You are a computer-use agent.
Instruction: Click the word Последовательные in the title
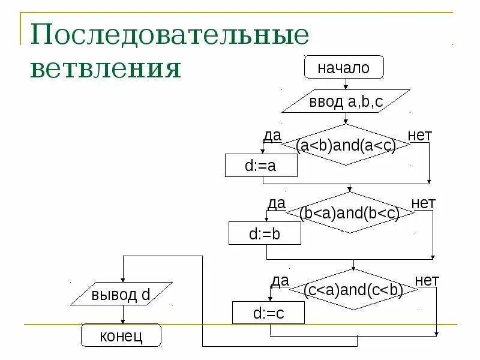(x=170, y=37)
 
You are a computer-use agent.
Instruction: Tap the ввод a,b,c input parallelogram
(x=346, y=101)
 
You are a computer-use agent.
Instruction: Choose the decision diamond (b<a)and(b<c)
(x=349, y=213)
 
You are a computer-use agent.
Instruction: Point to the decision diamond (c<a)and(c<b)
(x=353, y=290)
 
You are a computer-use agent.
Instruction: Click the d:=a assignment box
(x=261, y=166)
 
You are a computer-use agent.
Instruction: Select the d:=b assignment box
(x=265, y=233)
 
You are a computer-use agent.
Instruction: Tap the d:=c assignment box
(x=268, y=313)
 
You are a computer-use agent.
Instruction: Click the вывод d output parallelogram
(x=121, y=295)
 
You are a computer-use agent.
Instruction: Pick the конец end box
(x=121, y=335)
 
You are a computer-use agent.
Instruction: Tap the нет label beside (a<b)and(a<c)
(x=419, y=136)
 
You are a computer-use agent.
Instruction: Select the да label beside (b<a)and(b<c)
(x=276, y=203)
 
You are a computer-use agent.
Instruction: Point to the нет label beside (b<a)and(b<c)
(x=423, y=203)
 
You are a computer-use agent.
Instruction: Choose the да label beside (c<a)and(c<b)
(x=280, y=280)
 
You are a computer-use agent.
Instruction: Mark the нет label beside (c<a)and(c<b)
(x=427, y=280)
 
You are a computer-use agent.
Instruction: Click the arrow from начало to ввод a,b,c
(x=345, y=84)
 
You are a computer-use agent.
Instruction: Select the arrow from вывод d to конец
(x=122, y=315)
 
